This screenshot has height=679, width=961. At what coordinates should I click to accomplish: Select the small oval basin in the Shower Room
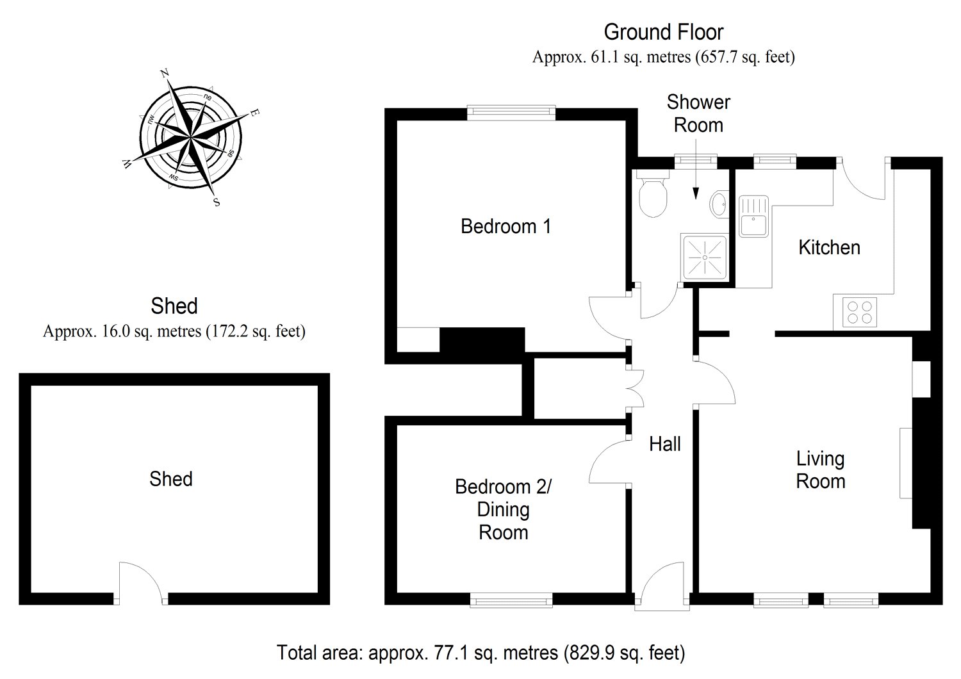pyautogui.click(x=719, y=204)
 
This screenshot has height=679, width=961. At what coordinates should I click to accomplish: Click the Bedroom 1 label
pyautogui.click(x=505, y=226)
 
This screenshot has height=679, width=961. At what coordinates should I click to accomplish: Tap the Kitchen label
pyautogui.click(x=829, y=247)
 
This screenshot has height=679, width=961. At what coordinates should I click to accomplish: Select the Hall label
pyautogui.click(x=664, y=444)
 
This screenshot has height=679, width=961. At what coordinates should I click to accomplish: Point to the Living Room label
pyautogui.click(x=820, y=470)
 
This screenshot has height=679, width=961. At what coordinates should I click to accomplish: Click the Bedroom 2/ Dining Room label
pyautogui.click(x=504, y=509)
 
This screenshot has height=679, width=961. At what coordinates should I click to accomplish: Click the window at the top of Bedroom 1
pyautogui.click(x=511, y=112)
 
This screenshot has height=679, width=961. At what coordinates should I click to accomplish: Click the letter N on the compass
pyautogui.click(x=165, y=74)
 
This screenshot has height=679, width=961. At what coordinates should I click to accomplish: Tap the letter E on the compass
pyautogui.click(x=254, y=113)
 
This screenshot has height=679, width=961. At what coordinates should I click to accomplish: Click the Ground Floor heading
pyautogui.click(x=663, y=31)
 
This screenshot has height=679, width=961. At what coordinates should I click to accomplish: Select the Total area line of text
pyautogui.click(x=481, y=653)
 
